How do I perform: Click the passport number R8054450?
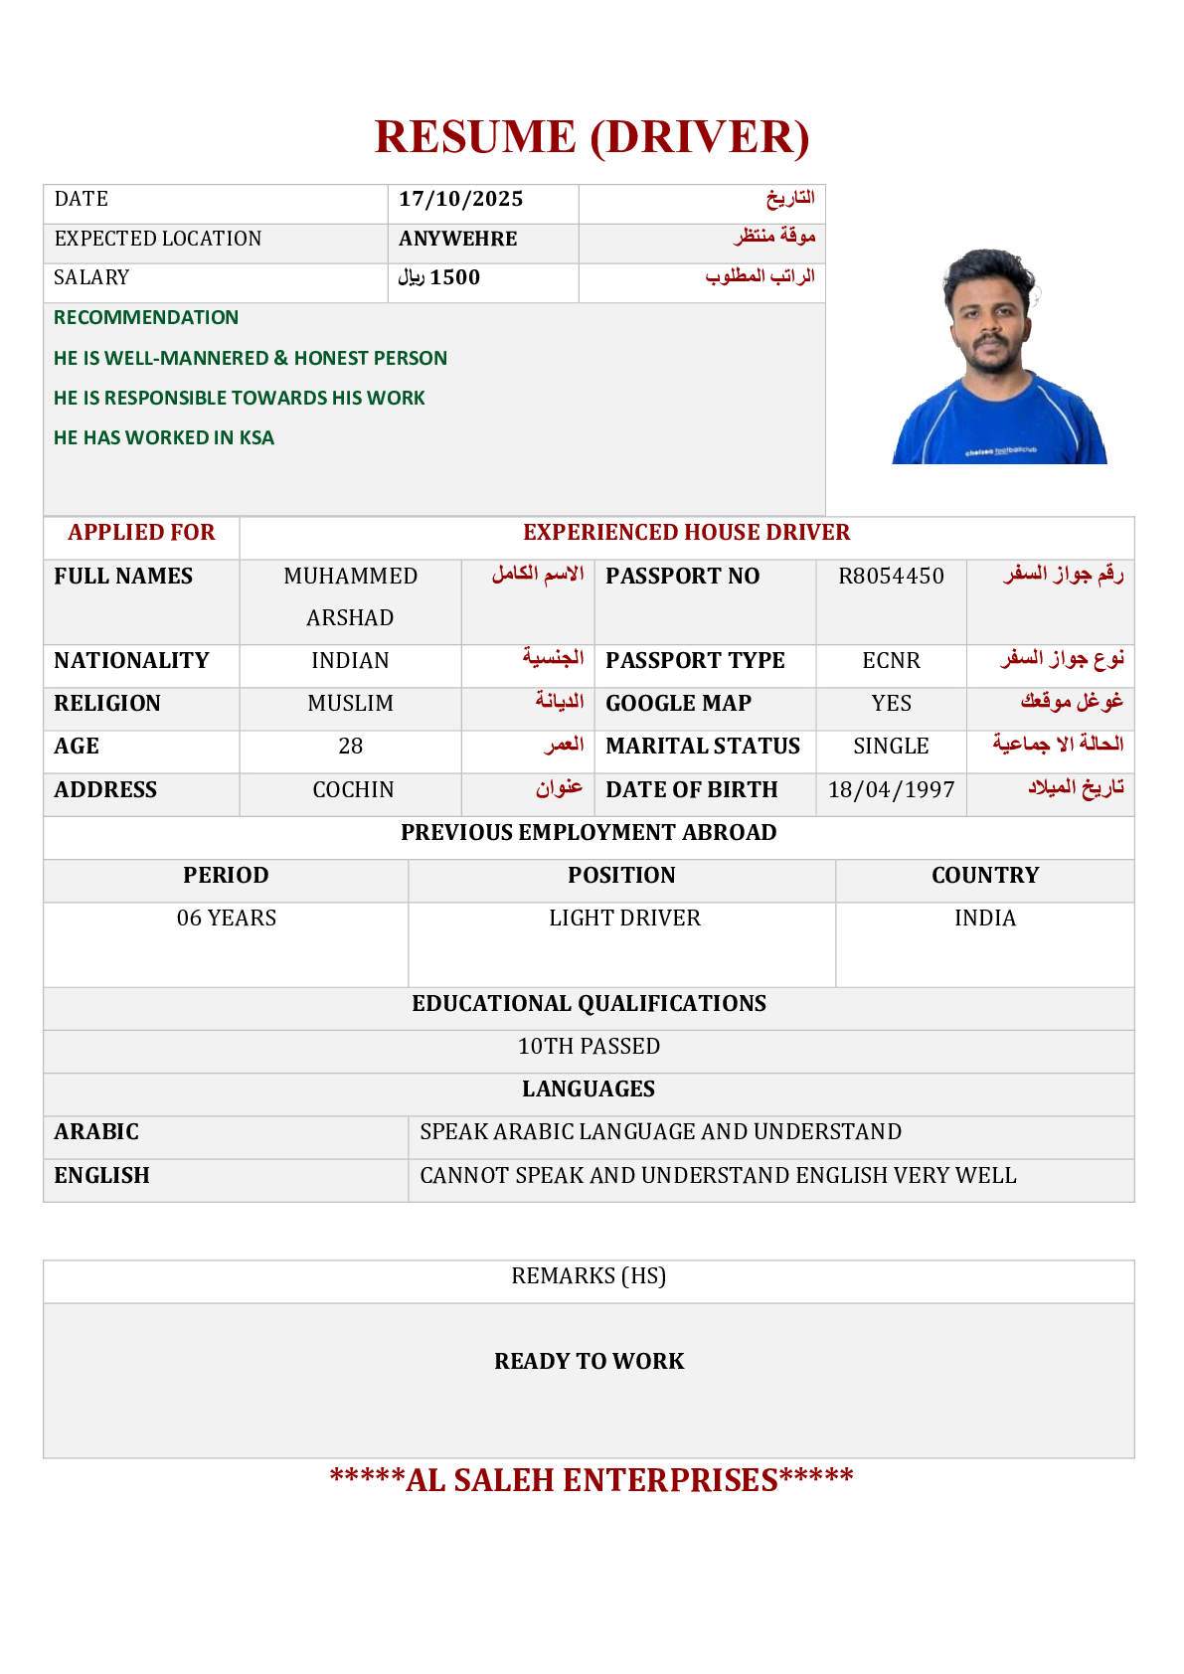[x=891, y=577]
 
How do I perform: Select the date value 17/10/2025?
[x=461, y=200]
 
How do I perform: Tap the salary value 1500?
[x=454, y=278]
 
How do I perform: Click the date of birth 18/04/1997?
[x=891, y=790]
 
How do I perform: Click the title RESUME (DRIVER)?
[x=592, y=137]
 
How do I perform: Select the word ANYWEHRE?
[x=458, y=240]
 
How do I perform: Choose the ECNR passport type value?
[x=891, y=661]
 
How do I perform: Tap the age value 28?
[x=350, y=747]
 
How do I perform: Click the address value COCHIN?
[x=353, y=790]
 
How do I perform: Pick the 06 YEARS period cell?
[x=227, y=919]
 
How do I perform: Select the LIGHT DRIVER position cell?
[x=624, y=919]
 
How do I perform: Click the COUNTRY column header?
[x=984, y=876]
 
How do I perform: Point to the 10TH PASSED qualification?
[x=589, y=1047]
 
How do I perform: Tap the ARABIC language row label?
[x=96, y=1132]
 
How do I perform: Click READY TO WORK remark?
[x=589, y=1362]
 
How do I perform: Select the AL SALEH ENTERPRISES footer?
[x=592, y=1480]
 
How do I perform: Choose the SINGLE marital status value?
[x=891, y=747]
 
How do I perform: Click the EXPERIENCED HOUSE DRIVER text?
[x=686, y=533]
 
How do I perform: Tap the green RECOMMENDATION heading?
[x=146, y=318]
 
